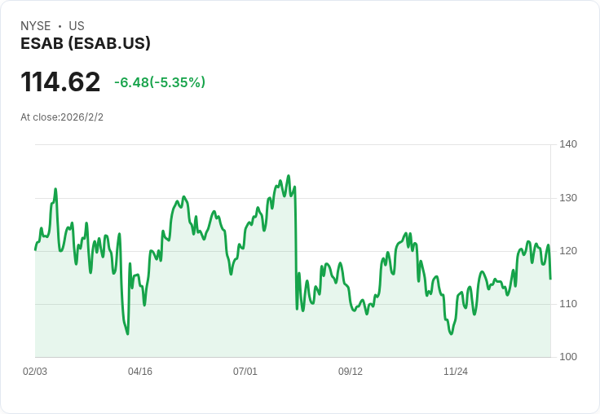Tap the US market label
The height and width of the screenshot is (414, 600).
pyautogui.click(x=77, y=26)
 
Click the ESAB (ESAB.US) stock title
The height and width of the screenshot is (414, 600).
pyautogui.click(x=86, y=44)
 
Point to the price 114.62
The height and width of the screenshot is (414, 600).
pyautogui.click(x=60, y=82)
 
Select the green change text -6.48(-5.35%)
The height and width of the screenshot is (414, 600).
pyautogui.click(x=160, y=82)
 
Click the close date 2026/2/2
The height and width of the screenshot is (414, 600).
pyautogui.click(x=82, y=117)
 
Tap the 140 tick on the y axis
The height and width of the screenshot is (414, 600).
pyautogui.click(x=568, y=144)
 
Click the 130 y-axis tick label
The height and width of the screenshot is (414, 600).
pyautogui.click(x=568, y=198)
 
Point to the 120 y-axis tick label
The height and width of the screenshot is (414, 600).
pyautogui.click(x=568, y=251)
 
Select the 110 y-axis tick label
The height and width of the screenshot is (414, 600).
pyautogui.click(x=568, y=304)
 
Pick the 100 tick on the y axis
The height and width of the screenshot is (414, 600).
pyautogui.click(x=568, y=357)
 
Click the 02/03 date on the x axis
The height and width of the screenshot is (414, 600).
pyautogui.click(x=35, y=372)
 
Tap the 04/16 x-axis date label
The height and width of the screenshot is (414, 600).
pyautogui.click(x=140, y=372)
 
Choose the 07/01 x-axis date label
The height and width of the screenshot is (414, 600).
pyautogui.click(x=245, y=372)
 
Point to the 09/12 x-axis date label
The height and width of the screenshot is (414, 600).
pyautogui.click(x=351, y=372)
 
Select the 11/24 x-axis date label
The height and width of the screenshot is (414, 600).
pyautogui.click(x=456, y=372)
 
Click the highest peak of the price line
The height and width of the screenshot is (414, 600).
pyautogui.click(x=289, y=175)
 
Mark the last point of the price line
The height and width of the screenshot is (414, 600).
pyautogui.click(x=550, y=279)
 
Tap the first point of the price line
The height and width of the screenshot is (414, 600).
pyautogui.click(x=35, y=249)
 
